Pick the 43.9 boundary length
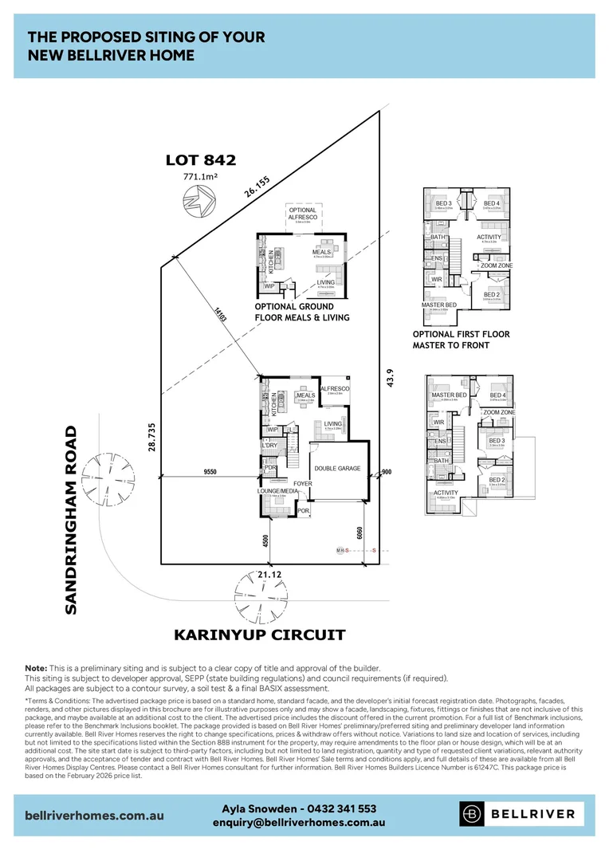(390, 379)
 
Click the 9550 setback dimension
(210, 473)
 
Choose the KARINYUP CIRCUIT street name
(260, 635)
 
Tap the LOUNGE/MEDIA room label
(279, 492)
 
